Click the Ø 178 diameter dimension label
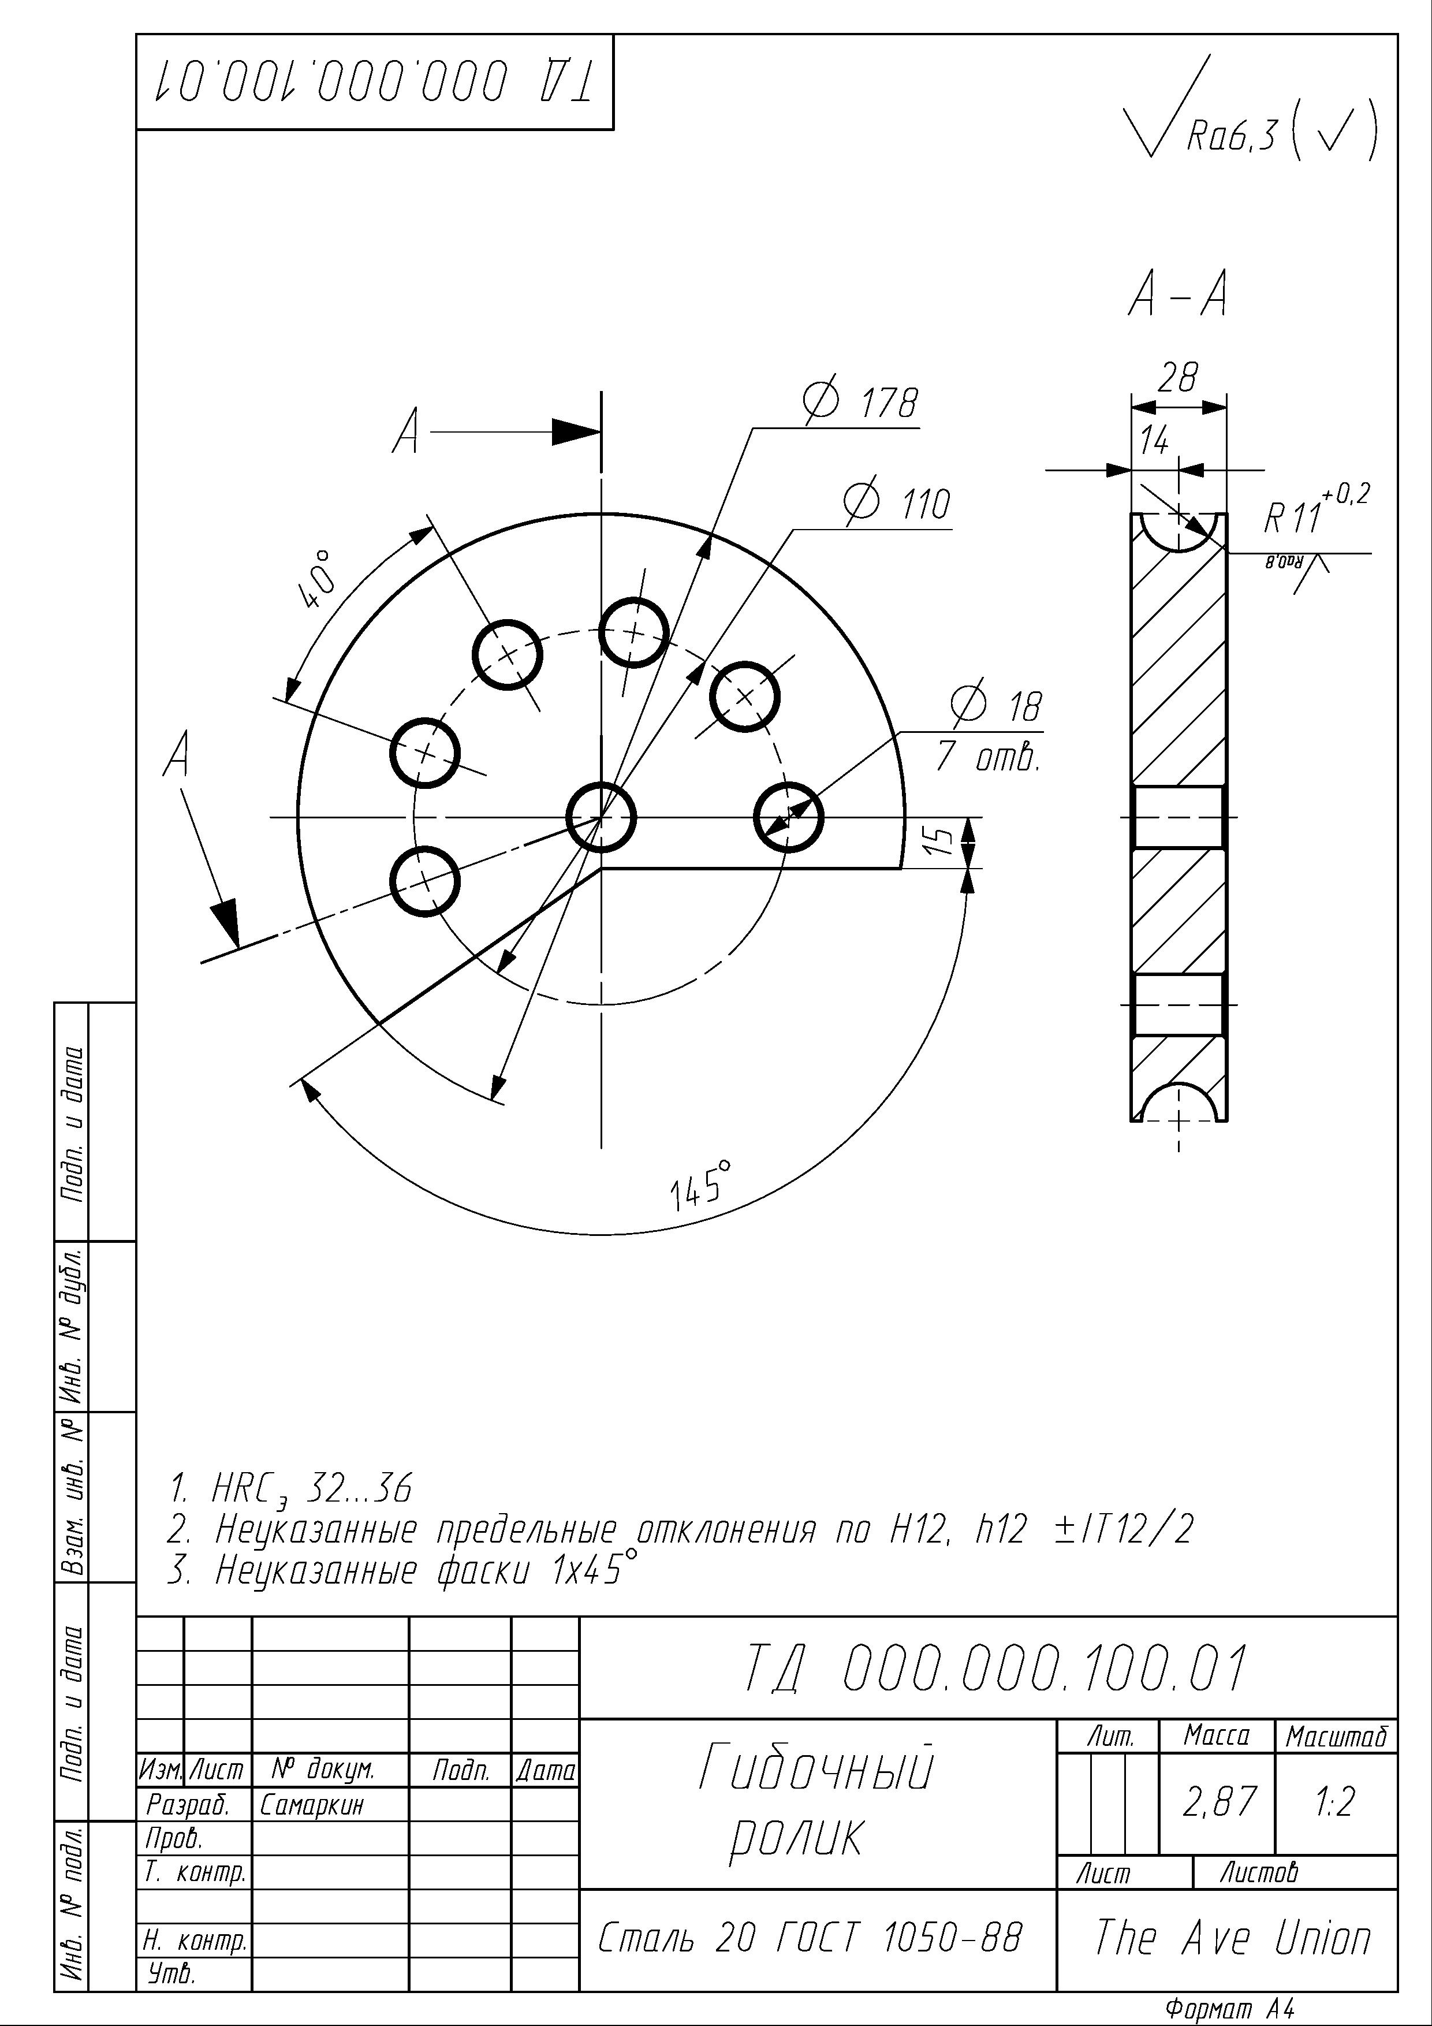[860, 403]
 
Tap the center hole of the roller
[601, 817]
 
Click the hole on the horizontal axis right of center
[789, 817]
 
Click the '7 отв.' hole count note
[988, 757]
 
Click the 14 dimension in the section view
[1154, 440]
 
